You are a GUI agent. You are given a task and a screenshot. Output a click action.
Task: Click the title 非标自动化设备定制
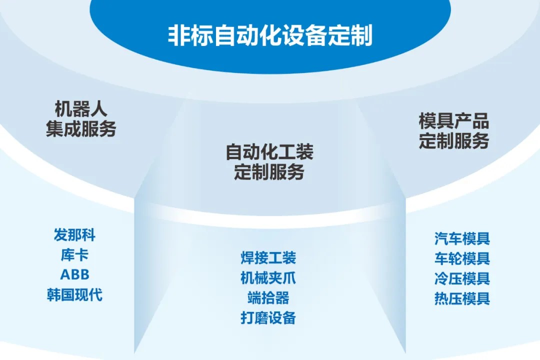(x=270, y=36)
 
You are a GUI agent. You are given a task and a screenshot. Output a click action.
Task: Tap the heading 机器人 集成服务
(x=81, y=119)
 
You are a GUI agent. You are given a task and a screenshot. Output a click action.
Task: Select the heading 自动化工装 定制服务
(x=269, y=162)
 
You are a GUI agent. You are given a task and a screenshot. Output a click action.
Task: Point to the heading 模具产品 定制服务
(x=453, y=131)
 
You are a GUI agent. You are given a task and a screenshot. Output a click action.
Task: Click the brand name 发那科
(x=74, y=234)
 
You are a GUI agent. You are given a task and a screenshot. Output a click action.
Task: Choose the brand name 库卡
(x=74, y=254)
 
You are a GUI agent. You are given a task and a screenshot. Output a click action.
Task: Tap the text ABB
(x=74, y=274)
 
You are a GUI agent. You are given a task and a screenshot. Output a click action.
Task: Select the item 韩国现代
(x=74, y=294)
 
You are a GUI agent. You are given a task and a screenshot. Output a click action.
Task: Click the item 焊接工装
(x=268, y=257)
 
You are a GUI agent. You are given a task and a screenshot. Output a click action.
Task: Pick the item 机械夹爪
(x=268, y=277)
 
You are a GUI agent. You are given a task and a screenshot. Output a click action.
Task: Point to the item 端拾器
(x=268, y=297)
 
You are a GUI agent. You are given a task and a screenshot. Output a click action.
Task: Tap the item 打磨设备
(x=268, y=317)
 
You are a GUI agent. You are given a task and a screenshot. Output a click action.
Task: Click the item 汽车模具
(x=462, y=238)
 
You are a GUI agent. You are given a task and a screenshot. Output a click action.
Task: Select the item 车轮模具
(x=462, y=258)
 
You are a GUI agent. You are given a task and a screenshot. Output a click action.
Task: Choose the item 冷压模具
(x=462, y=278)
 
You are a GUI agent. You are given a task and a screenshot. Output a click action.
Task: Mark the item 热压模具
(x=462, y=298)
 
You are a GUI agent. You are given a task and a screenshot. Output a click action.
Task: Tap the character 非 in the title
(x=178, y=36)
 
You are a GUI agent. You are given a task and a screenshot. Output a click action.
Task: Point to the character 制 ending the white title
(x=362, y=36)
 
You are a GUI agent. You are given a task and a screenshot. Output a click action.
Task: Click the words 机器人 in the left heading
(x=81, y=109)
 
